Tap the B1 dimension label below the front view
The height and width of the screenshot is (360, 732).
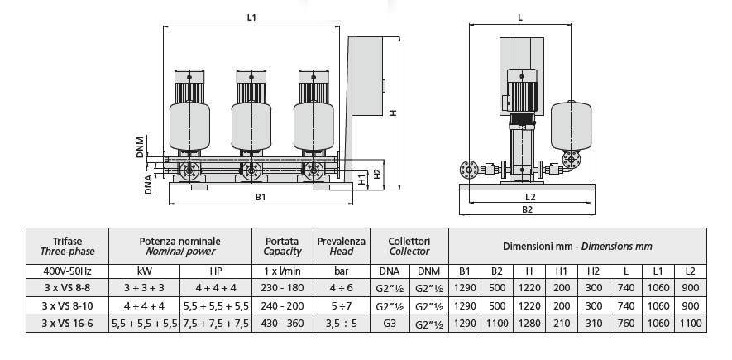click(x=260, y=198)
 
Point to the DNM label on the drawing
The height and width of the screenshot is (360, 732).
click(x=142, y=147)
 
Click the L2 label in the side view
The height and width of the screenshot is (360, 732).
click(x=530, y=198)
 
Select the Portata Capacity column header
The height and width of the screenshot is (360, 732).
click(x=282, y=244)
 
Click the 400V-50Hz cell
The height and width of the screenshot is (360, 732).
click(x=67, y=271)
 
